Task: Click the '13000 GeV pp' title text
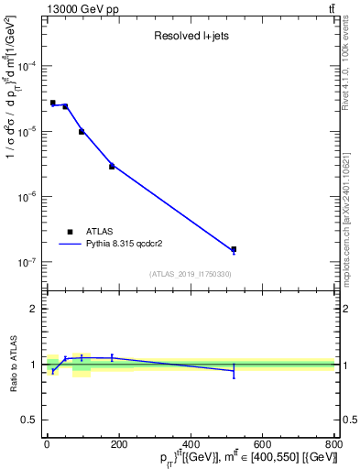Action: [78, 9]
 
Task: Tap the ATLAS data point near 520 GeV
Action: [234, 249]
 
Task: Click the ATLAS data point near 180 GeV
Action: [112, 167]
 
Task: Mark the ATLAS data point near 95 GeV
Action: [82, 132]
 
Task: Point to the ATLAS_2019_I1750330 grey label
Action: [190, 274]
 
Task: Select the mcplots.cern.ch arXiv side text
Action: [351, 202]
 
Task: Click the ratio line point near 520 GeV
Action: [234, 370]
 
